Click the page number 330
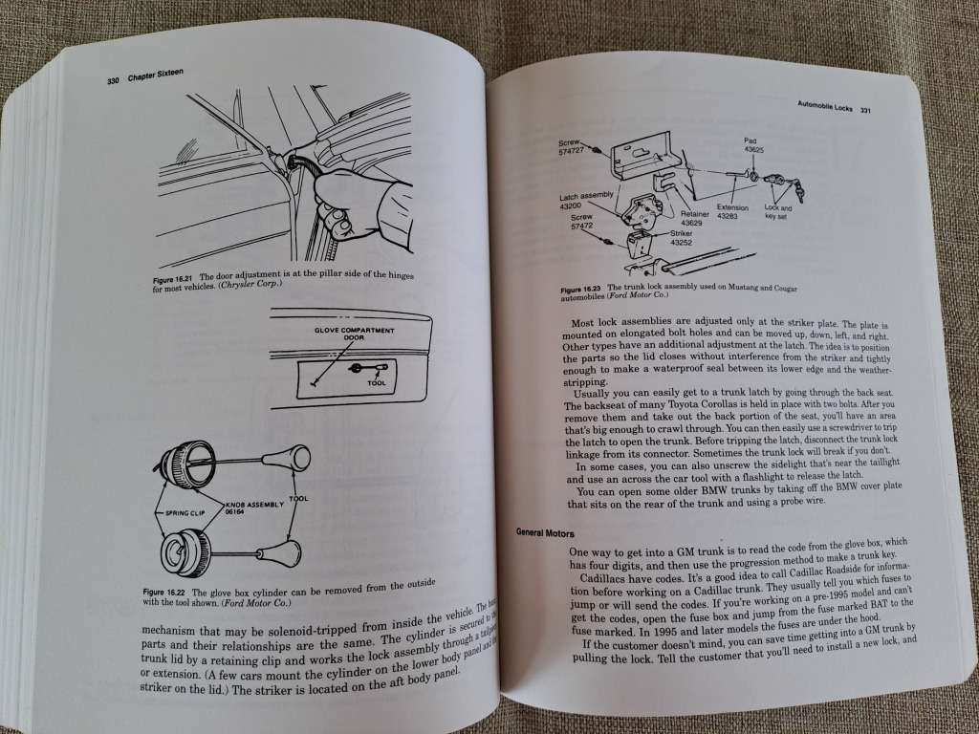point(112,81)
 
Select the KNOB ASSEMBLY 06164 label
point(246,507)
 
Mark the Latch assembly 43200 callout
point(585,201)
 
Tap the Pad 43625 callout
point(752,145)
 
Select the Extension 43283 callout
point(733,211)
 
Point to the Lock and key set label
point(778,211)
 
